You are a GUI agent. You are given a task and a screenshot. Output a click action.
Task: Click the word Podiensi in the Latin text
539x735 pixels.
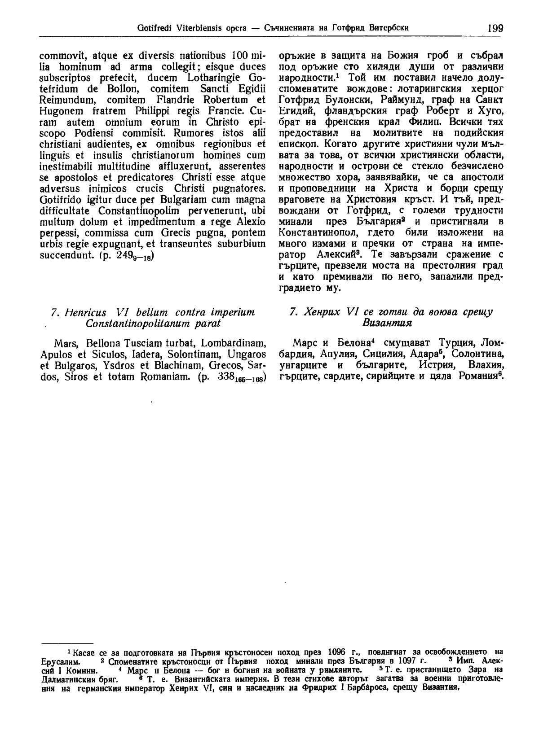pyautogui.click(x=97, y=134)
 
